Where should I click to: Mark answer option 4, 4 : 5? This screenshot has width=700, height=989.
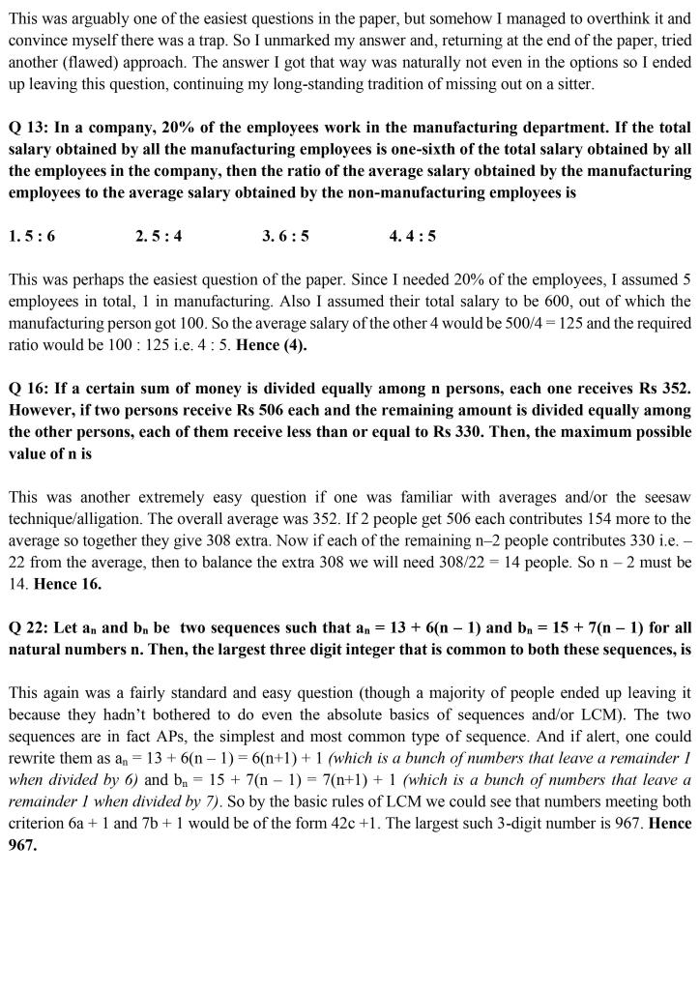[413, 236]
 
